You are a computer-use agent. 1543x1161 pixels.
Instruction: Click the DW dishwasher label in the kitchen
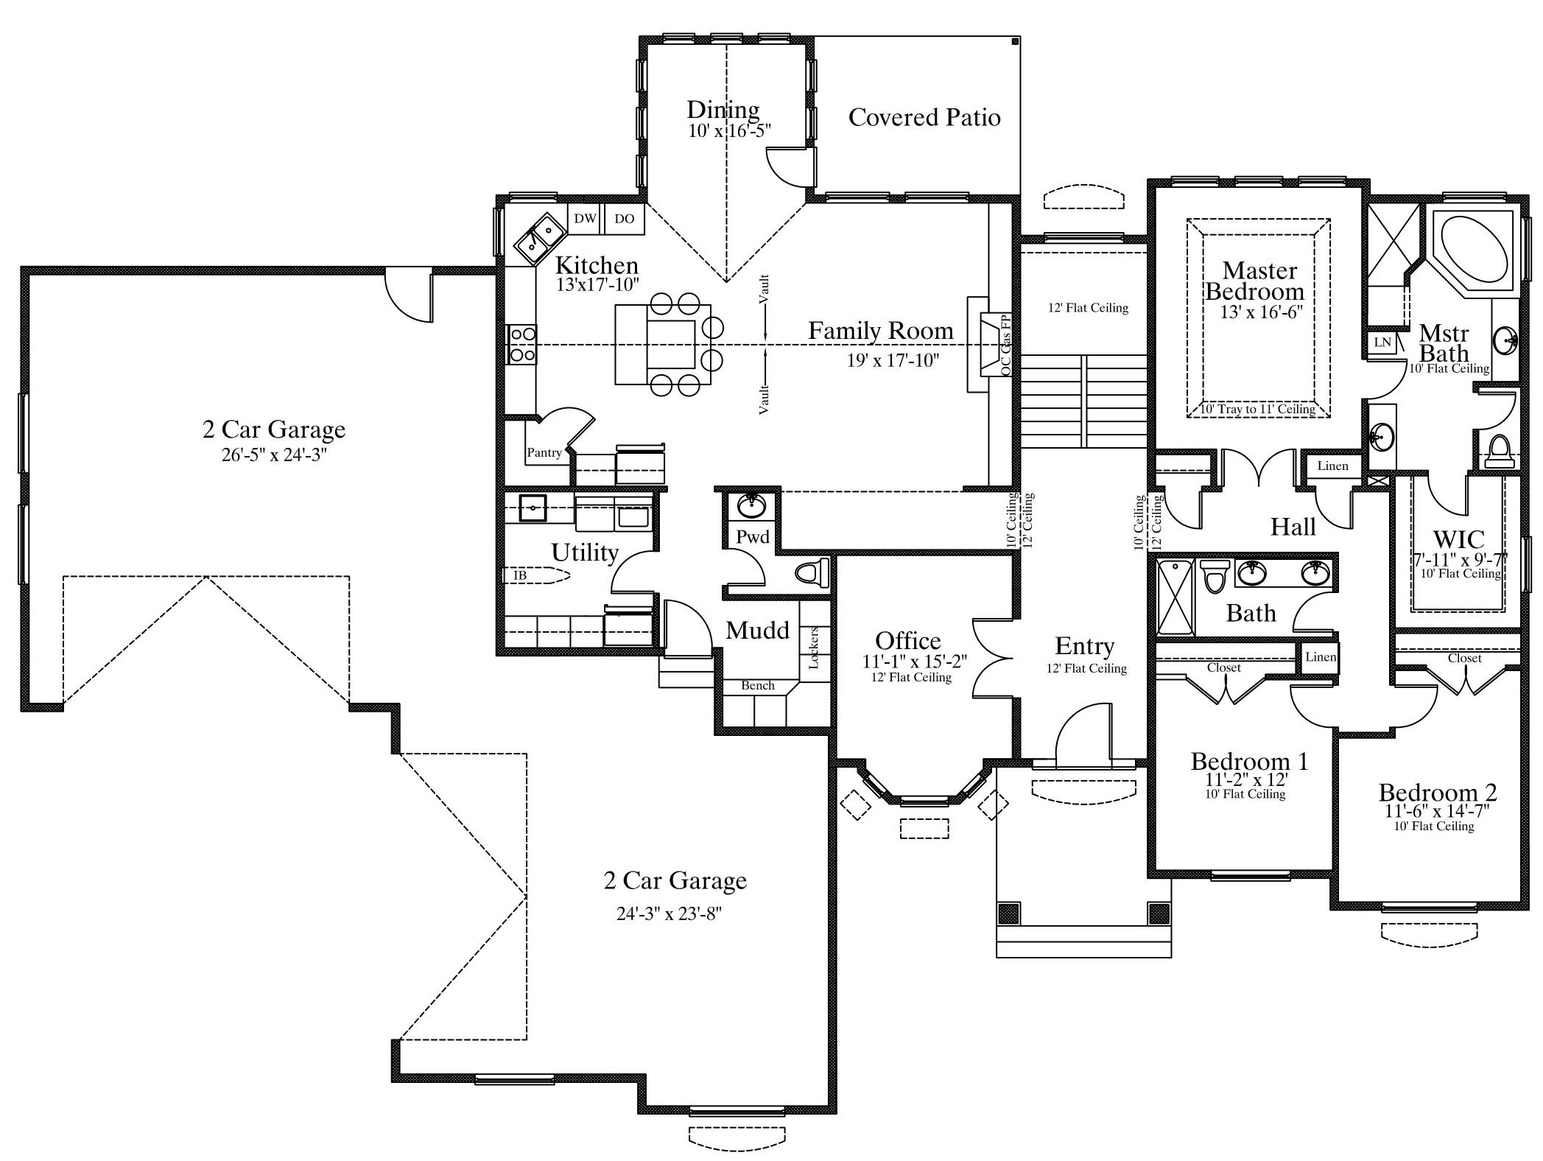[585, 219]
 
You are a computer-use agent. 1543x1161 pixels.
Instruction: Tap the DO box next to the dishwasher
[624, 219]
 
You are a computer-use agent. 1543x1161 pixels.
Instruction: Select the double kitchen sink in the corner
[540, 238]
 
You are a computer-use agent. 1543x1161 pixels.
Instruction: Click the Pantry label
[544, 452]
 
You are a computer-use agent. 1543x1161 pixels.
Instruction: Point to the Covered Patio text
[924, 117]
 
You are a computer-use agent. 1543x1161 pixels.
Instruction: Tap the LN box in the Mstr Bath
[1382, 342]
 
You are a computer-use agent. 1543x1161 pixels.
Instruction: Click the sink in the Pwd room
[752, 506]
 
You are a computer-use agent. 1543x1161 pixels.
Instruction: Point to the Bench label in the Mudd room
[758, 686]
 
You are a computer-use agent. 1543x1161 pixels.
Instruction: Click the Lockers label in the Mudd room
[814, 648]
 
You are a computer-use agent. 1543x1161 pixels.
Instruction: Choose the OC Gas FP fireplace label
[1006, 346]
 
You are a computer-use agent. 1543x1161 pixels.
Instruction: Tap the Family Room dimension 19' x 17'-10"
[893, 360]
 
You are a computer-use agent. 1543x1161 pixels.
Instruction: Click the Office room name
[908, 641]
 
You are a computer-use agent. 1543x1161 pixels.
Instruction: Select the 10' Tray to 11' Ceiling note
[1258, 409]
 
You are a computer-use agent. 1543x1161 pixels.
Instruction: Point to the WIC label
[1459, 539]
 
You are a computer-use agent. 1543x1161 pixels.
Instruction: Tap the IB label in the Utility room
[520, 575]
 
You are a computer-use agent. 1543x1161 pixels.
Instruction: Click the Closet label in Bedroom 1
[1224, 667]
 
